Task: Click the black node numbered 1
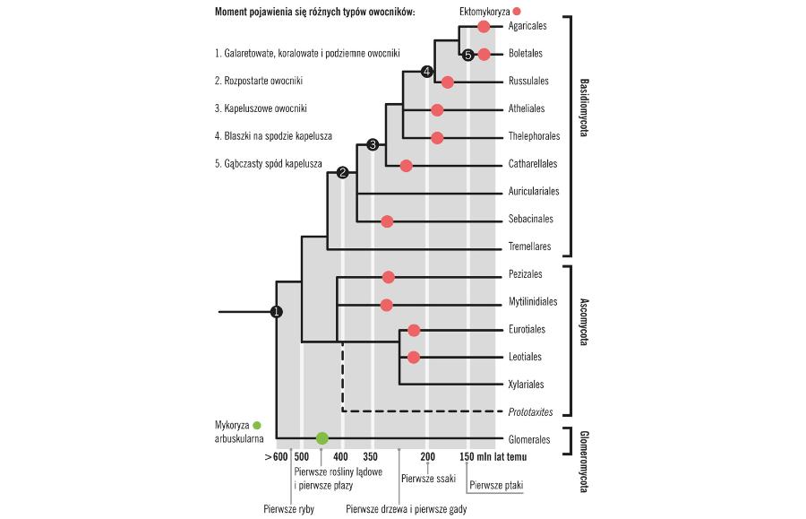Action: tap(277, 312)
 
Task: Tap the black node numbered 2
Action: tap(341, 173)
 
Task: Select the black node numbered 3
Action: tap(373, 145)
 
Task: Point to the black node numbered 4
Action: tap(427, 72)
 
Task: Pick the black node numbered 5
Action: tap(468, 55)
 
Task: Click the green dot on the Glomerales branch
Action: tap(322, 438)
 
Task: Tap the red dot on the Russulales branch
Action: tap(447, 82)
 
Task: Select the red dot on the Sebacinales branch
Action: tap(387, 221)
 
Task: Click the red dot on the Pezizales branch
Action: tap(388, 277)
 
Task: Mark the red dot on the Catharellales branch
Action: tap(406, 165)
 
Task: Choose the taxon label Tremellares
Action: tap(529, 247)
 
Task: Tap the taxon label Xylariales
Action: tap(527, 384)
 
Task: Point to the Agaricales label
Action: tap(527, 27)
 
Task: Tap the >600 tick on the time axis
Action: tap(277, 457)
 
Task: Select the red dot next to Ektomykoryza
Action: tap(517, 11)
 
